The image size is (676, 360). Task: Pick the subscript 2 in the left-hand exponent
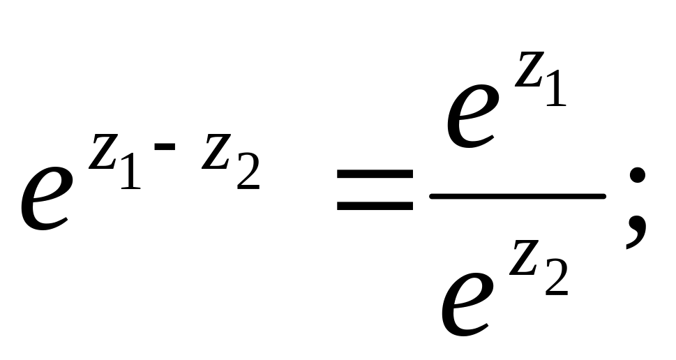click(x=248, y=174)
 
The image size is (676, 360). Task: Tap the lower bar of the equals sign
click(x=375, y=207)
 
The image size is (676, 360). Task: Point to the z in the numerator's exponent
click(x=529, y=73)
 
